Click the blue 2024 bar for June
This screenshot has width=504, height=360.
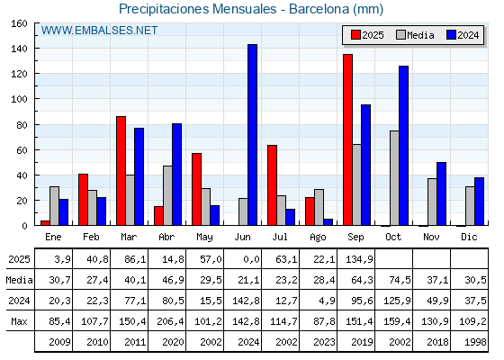252,135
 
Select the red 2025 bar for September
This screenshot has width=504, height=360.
347,139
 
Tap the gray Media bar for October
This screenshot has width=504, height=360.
394,178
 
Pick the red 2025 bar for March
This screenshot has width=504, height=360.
121,171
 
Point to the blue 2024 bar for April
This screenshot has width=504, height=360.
176,175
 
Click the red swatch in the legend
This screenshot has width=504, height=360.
355,35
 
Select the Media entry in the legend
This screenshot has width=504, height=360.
415,35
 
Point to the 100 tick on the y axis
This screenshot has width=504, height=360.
35,99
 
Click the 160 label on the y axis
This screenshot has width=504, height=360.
19,23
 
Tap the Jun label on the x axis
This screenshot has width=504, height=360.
242,237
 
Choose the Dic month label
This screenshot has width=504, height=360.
469,237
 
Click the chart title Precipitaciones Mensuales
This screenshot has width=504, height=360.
198,9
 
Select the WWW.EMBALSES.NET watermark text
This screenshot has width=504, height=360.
99,31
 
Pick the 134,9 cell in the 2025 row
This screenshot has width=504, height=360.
359,259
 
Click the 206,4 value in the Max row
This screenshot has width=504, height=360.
170,321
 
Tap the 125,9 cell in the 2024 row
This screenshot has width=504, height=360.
397,301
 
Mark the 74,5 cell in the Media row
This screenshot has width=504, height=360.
400,280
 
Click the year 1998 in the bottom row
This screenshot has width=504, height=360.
475,342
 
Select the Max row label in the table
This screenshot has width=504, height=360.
19,321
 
